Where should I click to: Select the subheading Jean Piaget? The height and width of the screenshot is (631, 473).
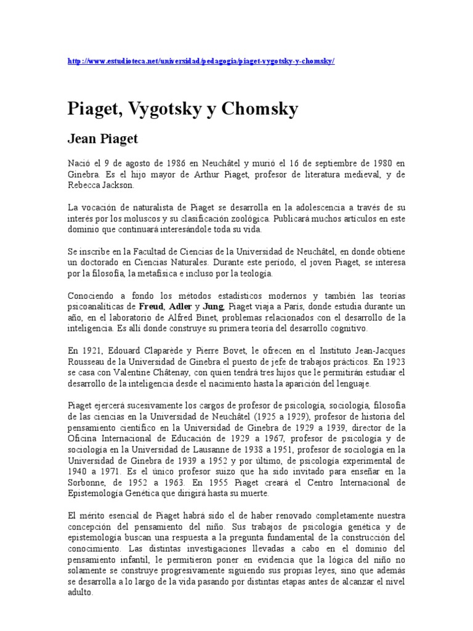click(102, 139)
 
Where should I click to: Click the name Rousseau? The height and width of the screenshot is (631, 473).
click(88, 362)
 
